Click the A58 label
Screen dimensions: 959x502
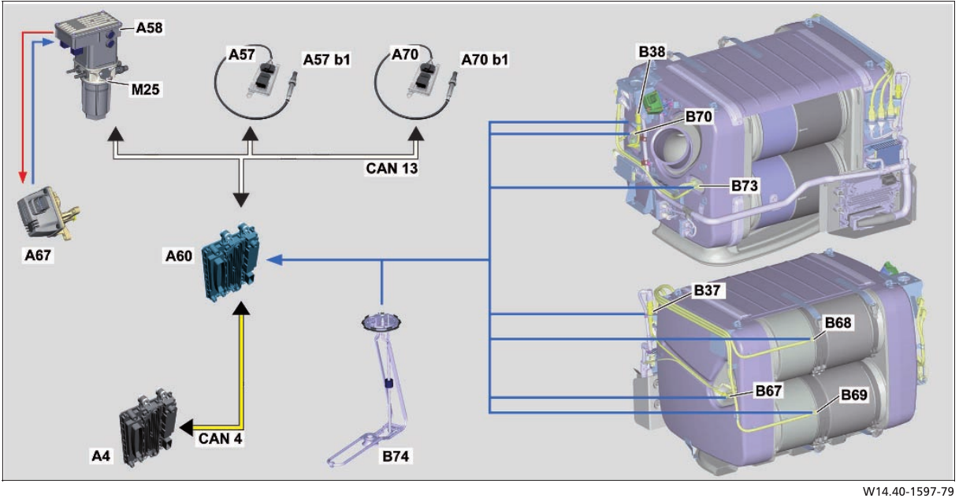149,28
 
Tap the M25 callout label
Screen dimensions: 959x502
145,90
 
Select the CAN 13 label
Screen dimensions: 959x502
392,169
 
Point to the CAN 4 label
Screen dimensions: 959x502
220,439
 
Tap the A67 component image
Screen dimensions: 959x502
48,212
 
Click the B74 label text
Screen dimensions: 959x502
395,456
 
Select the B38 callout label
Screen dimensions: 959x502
652,52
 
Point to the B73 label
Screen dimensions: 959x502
744,186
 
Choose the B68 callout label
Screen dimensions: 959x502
838,322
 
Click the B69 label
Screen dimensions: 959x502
854,395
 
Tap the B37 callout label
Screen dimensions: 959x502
707,291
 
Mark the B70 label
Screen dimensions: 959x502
699,117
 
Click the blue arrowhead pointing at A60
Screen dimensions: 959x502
274,259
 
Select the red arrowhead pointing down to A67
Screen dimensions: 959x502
23,177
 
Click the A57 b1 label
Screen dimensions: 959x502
327,60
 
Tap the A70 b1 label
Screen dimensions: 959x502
485,60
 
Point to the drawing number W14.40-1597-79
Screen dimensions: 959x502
908,492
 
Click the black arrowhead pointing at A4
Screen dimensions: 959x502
186,427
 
